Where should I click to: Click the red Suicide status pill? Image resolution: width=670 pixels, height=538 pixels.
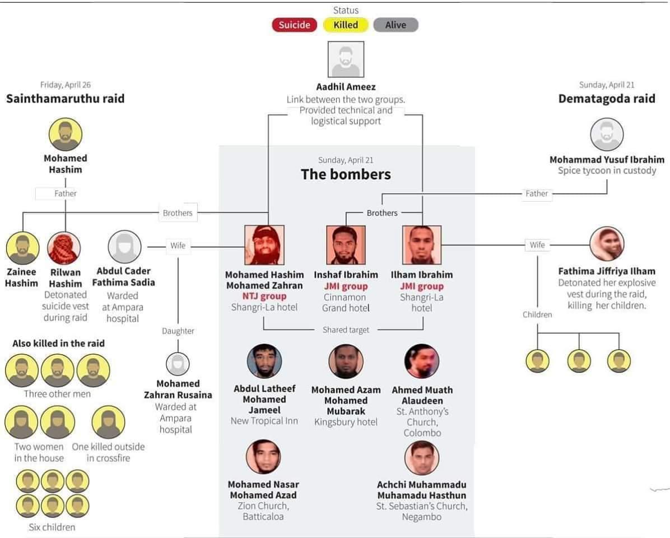pyautogui.click(x=294, y=25)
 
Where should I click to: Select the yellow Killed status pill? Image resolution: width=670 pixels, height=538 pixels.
pyautogui.click(x=346, y=25)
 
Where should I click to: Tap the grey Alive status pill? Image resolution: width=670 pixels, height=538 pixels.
pyautogui.click(x=395, y=25)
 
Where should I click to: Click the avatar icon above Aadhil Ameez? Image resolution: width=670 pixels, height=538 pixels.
pyautogui.click(x=346, y=59)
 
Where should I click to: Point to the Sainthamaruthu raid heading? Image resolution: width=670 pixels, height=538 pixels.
pyautogui.click(x=65, y=99)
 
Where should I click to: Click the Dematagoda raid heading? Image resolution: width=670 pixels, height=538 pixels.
pyautogui.click(x=607, y=99)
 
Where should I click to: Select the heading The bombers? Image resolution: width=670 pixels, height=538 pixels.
pyautogui.click(x=346, y=174)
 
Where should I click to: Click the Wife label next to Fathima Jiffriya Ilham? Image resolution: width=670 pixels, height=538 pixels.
pyautogui.click(x=537, y=245)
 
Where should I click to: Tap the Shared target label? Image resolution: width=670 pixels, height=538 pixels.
pyautogui.click(x=346, y=330)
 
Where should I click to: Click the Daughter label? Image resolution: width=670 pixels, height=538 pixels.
pyautogui.click(x=178, y=331)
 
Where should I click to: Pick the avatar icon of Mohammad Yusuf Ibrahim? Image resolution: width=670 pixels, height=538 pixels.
pyautogui.click(x=607, y=135)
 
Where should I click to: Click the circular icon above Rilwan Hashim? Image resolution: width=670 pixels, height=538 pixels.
pyautogui.click(x=64, y=248)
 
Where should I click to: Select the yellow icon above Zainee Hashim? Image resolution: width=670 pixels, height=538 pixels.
pyautogui.click(x=22, y=248)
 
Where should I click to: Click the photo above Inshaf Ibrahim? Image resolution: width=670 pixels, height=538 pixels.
pyautogui.click(x=346, y=245)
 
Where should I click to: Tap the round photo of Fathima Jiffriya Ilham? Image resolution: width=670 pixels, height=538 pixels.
pyautogui.click(x=607, y=244)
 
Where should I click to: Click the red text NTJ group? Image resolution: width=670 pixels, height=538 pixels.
pyautogui.click(x=264, y=296)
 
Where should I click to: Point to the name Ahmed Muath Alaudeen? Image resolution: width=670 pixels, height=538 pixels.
pyautogui.click(x=422, y=395)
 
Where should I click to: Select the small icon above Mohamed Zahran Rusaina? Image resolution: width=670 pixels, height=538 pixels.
pyautogui.click(x=178, y=363)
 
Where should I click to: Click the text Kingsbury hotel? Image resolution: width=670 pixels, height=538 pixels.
pyautogui.click(x=346, y=422)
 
